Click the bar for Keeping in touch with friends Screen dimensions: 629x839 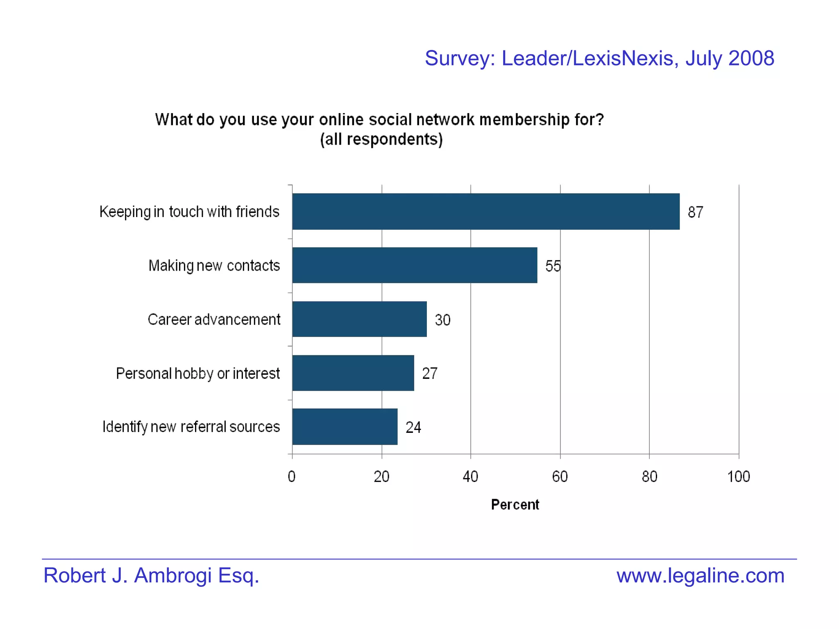pyautogui.click(x=485, y=211)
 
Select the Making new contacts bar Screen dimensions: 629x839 pyautogui.click(x=415, y=265)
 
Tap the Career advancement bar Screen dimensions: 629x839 pyautogui.click(x=359, y=319)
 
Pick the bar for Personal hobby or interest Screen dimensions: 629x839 pyautogui.click(x=353, y=373)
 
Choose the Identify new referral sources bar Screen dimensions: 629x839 pyautogui.click(x=345, y=426)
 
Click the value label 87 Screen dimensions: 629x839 pyautogui.click(x=695, y=212)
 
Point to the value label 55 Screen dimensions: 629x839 pyautogui.click(x=553, y=266)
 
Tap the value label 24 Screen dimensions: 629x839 pyautogui.click(x=413, y=428)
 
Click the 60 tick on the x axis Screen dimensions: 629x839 pyautogui.click(x=560, y=477)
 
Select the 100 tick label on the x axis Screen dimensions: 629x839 pyautogui.click(x=738, y=477)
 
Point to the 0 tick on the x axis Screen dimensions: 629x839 pyautogui.click(x=292, y=477)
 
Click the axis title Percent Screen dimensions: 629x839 pyautogui.click(x=515, y=505)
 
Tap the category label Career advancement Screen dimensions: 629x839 pyautogui.click(x=214, y=319)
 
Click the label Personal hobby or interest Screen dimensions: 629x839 pyautogui.click(x=198, y=373)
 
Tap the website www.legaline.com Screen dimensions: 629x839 pyautogui.click(x=700, y=575)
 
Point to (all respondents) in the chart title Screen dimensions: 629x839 pyautogui.click(x=381, y=139)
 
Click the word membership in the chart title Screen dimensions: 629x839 pyautogui.click(x=524, y=120)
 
